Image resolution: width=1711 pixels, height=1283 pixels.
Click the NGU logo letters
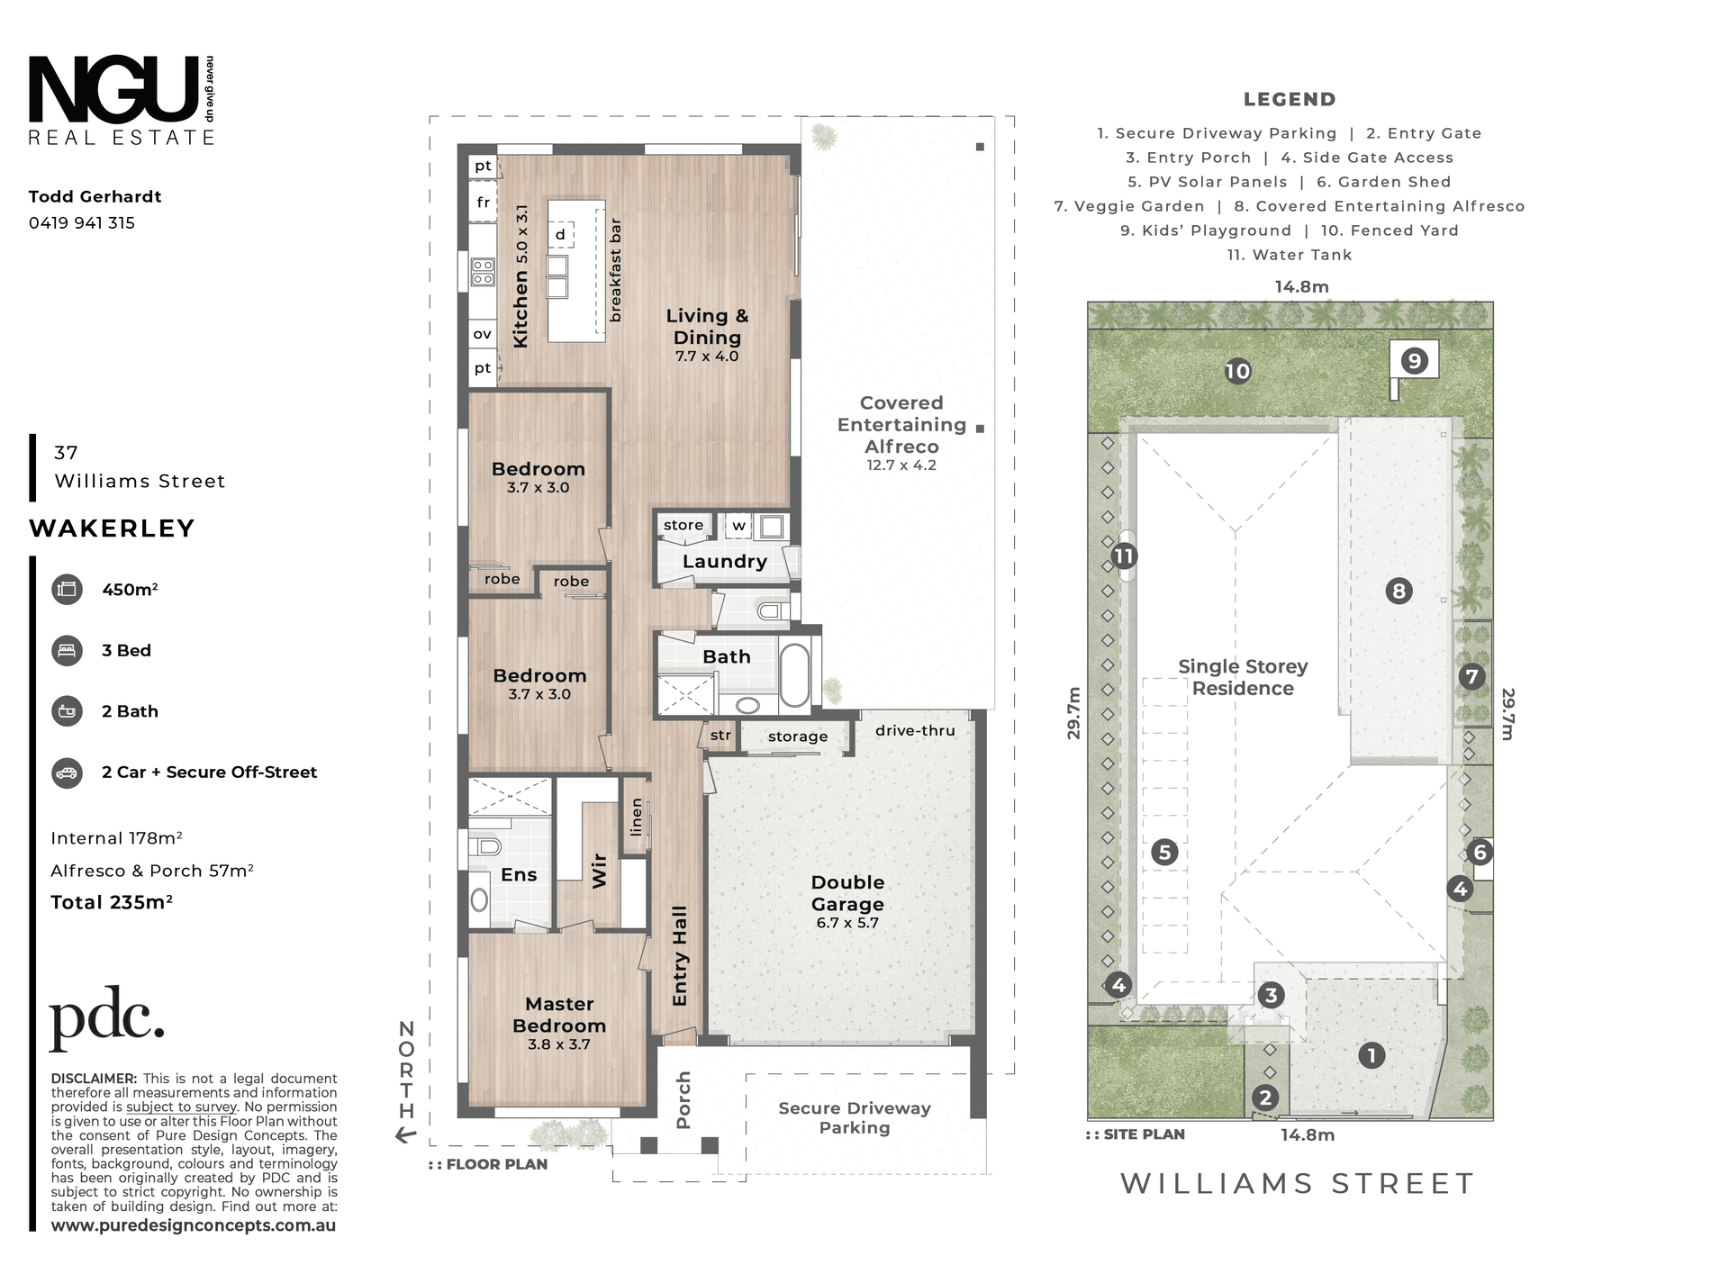click(113, 89)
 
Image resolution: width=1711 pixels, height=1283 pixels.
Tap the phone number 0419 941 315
click(82, 223)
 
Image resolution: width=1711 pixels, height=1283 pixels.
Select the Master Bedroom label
click(559, 1015)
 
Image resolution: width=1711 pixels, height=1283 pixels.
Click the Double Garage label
click(847, 893)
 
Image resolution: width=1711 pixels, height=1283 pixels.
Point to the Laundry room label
click(725, 562)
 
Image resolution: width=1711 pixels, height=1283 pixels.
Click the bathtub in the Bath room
click(794, 675)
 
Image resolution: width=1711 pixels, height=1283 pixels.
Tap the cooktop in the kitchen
click(484, 272)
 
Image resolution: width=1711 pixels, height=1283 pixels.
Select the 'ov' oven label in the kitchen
click(483, 334)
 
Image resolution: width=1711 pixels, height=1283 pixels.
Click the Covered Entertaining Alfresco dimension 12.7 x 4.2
click(901, 465)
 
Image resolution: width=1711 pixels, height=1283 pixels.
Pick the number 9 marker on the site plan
click(1414, 361)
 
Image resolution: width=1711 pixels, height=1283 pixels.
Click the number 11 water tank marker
click(1123, 556)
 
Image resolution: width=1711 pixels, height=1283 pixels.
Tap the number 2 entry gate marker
click(1265, 1098)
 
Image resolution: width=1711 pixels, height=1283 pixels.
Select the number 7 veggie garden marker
click(1471, 676)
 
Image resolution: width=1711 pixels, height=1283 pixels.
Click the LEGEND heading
click(1290, 100)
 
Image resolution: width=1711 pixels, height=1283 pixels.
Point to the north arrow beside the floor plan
click(406, 1135)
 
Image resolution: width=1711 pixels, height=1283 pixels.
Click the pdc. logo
click(106, 1018)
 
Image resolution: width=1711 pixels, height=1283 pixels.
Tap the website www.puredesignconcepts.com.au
click(194, 1225)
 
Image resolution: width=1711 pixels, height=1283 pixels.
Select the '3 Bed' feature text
click(126, 650)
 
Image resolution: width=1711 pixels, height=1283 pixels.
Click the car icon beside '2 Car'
click(68, 773)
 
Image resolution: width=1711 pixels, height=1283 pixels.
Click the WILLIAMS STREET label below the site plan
click(1298, 1183)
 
